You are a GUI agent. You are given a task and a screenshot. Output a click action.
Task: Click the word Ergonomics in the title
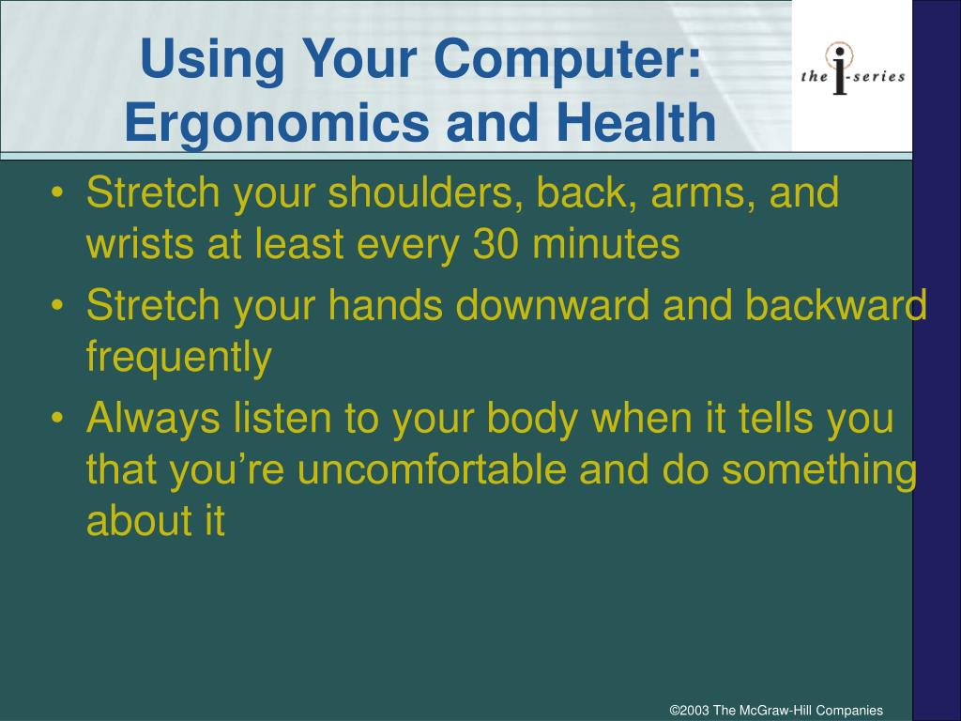point(278,124)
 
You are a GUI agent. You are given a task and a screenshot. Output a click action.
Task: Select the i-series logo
point(852,69)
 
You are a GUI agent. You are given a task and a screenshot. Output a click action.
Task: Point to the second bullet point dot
point(57,305)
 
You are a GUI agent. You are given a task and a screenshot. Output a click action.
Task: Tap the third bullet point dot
point(57,418)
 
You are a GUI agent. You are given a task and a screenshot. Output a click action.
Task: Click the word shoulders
point(425,193)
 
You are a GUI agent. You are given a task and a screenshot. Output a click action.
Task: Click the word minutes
point(606,244)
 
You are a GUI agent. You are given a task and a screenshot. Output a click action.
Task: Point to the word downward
point(552,305)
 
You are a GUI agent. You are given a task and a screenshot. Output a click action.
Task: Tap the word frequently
point(179,358)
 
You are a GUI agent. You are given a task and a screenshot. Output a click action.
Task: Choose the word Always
point(153,419)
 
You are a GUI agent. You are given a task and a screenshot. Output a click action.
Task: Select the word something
point(819,471)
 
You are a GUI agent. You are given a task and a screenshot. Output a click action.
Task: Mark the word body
point(533,419)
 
